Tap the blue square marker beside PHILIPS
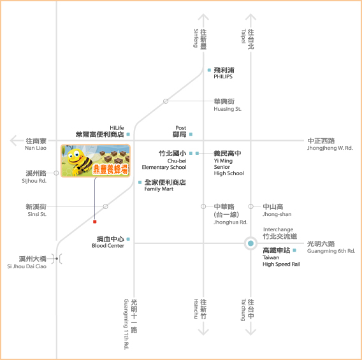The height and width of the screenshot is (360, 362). click(x=209, y=70)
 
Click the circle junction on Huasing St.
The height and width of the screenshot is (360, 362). click(x=166, y=101)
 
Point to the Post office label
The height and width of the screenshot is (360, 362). click(x=179, y=131)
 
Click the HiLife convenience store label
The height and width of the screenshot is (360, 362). click(x=99, y=131)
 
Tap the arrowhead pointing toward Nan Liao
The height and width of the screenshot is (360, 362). click(x=13, y=141)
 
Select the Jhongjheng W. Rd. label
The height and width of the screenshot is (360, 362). click(x=330, y=144)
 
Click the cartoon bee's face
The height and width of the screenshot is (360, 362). click(x=76, y=156)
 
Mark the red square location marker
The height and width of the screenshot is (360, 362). click(x=95, y=222)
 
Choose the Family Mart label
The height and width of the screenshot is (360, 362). click(x=165, y=185)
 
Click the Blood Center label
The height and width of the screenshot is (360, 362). click(x=108, y=242)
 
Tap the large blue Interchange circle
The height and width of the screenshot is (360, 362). click(x=250, y=243)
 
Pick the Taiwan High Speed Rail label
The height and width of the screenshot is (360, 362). click(x=281, y=257)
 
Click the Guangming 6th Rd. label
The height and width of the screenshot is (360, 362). click(x=331, y=247)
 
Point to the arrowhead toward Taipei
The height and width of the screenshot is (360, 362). click(x=250, y=17)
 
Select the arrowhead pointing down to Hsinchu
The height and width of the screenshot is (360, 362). click(x=203, y=332)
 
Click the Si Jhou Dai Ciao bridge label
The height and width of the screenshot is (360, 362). click(x=27, y=263)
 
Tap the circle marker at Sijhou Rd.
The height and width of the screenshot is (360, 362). click(x=56, y=173)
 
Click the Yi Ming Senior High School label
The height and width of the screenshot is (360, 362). click(x=229, y=163)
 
